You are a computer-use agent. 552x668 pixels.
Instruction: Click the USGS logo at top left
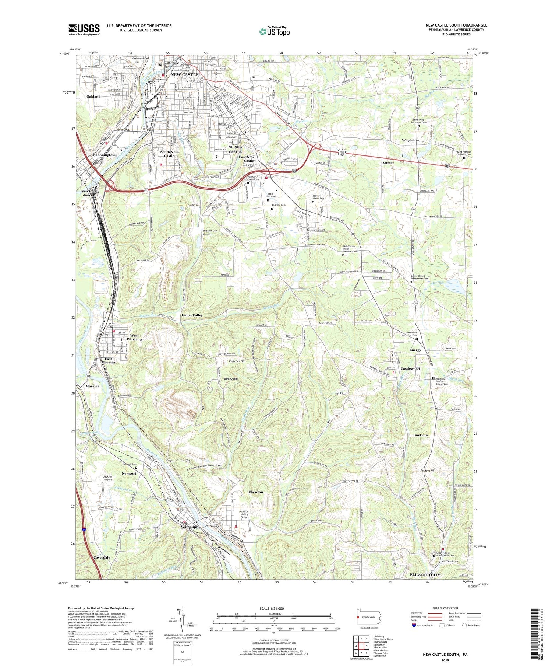click(84, 29)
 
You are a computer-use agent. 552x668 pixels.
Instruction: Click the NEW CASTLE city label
click(184, 74)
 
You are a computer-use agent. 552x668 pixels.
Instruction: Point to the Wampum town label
click(189, 527)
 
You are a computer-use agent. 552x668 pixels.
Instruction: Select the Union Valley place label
click(192, 315)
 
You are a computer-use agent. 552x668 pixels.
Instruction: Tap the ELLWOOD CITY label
click(425, 575)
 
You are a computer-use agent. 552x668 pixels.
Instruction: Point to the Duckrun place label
click(420, 435)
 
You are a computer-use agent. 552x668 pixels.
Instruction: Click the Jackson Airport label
click(107, 478)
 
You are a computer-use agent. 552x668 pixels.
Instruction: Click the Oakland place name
click(93, 97)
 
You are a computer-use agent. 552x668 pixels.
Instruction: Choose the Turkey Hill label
click(231, 379)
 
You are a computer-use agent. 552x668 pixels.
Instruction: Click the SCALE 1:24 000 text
click(272, 608)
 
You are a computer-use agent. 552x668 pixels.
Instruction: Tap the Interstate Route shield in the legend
click(414, 625)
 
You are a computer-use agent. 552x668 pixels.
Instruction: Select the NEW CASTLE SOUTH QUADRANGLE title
click(456, 25)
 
